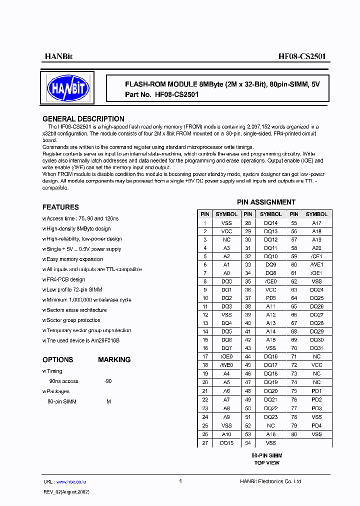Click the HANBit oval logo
(x=68, y=88)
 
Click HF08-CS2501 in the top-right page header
(x=302, y=56)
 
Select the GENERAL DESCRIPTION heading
(x=83, y=119)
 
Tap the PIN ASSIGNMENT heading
(x=266, y=202)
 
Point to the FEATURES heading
(x=60, y=207)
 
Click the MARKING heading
(x=114, y=359)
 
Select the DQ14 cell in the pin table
(x=270, y=222)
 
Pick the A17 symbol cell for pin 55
(x=316, y=222)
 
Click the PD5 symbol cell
(x=270, y=298)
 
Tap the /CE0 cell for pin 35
(x=270, y=281)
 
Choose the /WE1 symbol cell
(x=316, y=264)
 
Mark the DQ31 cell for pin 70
(x=316, y=348)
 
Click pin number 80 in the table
(x=294, y=434)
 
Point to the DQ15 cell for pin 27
(x=226, y=443)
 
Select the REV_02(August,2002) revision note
(x=66, y=491)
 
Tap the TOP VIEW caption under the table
(x=266, y=463)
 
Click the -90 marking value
(x=107, y=381)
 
